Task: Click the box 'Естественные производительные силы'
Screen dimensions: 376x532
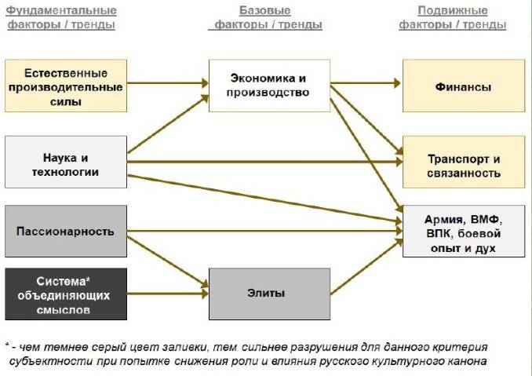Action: click(x=66, y=86)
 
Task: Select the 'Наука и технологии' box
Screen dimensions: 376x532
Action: click(x=66, y=162)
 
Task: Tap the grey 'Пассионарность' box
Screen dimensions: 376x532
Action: click(x=66, y=232)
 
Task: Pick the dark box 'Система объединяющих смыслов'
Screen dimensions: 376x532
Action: click(x=66, y=294)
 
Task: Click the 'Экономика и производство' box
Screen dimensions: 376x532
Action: click(x=269, y=85)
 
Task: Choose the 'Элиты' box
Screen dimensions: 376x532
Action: click(x=269, y=294)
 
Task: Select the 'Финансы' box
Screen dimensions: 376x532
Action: click(x=463, y=86)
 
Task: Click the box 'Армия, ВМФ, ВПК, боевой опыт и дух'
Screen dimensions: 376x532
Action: click(x=463, y=231)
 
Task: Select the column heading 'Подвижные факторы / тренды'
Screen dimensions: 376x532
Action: click(x=452, y=17)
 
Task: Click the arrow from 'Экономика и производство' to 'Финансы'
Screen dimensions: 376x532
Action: click(x=366, y=85)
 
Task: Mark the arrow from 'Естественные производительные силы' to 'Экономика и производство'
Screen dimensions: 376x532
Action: click(x=168, y=82)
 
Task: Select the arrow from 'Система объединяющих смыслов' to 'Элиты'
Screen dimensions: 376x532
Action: click(x=168, y=294)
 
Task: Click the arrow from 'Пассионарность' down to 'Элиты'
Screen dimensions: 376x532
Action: click(x=168, y=264)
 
